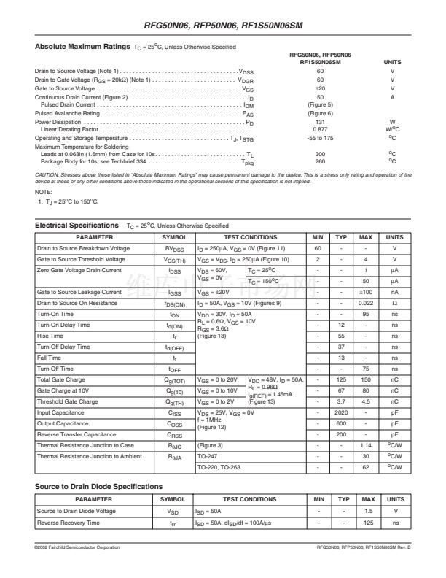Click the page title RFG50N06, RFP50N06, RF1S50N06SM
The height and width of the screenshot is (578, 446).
pos(223,26)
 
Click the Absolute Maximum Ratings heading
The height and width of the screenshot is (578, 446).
pos(82,47)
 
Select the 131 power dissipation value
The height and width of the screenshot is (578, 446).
pos(320,122)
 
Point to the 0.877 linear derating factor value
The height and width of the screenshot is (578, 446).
pos(320,129)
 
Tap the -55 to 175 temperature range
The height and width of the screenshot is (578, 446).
pos(320,138)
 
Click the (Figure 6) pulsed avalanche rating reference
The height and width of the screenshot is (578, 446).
pos(320,114)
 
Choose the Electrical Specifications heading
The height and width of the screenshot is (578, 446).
pos(77,226)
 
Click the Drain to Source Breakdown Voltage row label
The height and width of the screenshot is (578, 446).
pos(83,248)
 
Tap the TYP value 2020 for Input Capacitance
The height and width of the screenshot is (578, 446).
pos(340,412)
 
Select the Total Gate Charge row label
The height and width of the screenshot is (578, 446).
pos(61,379)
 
